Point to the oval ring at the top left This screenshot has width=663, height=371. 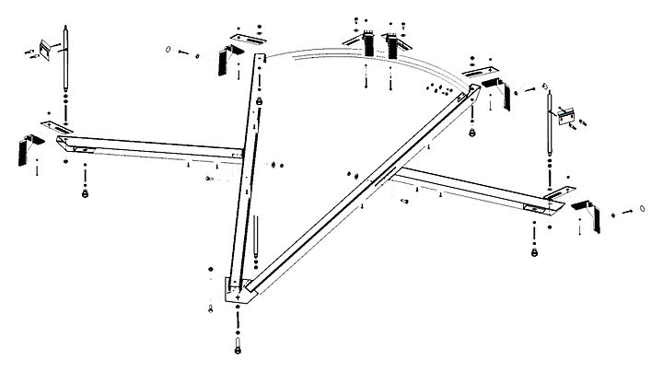[169, 49]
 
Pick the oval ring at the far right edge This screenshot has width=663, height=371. [640, 211]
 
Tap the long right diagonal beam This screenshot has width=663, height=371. [368, 184]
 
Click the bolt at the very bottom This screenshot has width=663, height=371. [238, 348]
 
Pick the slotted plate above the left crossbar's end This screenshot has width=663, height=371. [57, 124]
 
